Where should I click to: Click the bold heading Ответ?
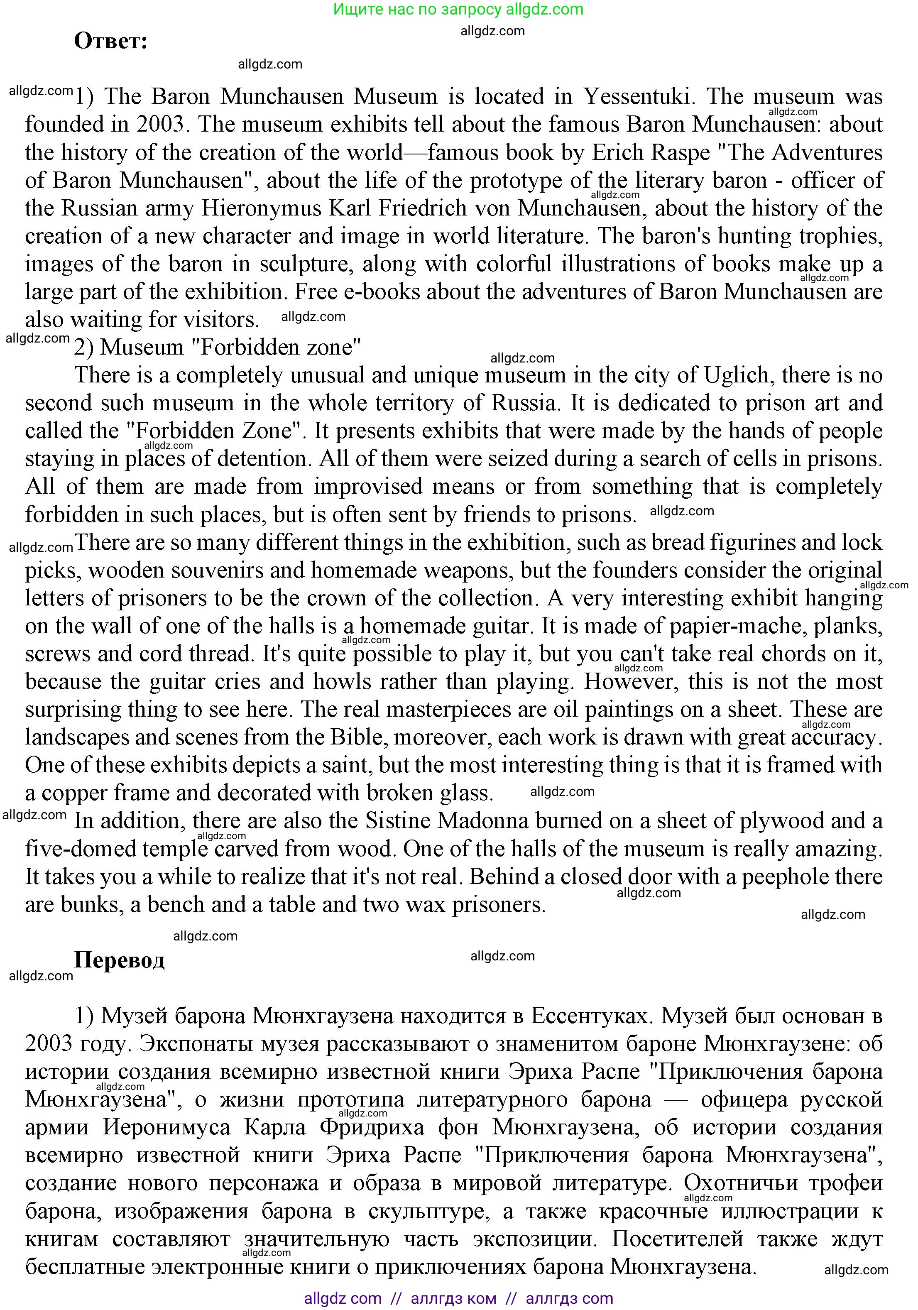click(x=111, y=41)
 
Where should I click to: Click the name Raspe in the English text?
click(x=678, y=152)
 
